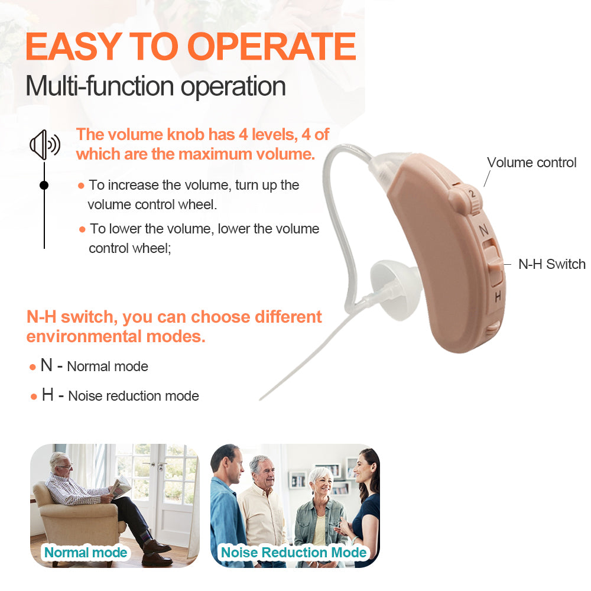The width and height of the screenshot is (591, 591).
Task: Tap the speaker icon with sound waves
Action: tap(44, 145)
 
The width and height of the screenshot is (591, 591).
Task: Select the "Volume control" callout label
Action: tap(531, 163)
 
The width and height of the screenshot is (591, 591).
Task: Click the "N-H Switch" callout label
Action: tap(551, 264)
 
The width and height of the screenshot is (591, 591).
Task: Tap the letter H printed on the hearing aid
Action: tap(498, 296)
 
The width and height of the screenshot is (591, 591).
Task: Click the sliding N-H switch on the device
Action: tap(494, 264)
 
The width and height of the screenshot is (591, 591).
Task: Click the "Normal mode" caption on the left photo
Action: tap(86, 553)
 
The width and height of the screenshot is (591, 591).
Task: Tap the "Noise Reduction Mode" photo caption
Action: tap(294, 553)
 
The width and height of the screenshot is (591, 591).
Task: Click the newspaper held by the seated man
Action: tap(122, 486)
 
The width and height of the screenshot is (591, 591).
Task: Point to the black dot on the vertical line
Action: tap(44, 185)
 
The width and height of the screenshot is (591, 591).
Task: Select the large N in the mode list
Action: tap(47, 365)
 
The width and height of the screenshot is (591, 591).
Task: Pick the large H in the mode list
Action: tap(47, 394)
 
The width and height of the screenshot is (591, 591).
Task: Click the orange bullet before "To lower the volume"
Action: tap(82, 229)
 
